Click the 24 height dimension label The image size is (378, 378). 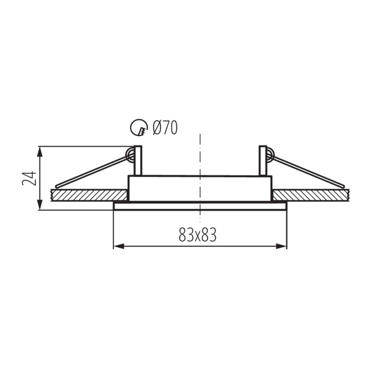coord(29,178)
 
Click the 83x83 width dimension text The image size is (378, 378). coord(198,234)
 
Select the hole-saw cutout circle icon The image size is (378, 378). coord(139,127)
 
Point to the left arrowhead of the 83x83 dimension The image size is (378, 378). coord(119,246)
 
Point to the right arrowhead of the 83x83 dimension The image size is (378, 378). coord(281,246)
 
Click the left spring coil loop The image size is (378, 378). coord(130,155)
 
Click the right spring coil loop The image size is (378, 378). coord(270,155)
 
